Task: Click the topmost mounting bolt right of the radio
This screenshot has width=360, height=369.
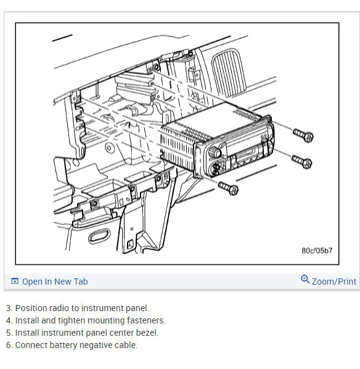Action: pyautogui.click(x=303, y=135)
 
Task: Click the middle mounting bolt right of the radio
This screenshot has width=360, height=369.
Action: pyautogui.click(x=302, y=161)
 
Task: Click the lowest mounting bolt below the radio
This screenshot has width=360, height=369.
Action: pyautogui.click(x=228, y=188)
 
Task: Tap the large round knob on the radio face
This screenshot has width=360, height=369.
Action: pyautogui.click(x=215, y=152)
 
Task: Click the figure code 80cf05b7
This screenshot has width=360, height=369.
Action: pyautogui.click(x=317, y=250)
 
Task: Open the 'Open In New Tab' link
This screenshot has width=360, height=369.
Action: pyautogui.click(x=55, y=282)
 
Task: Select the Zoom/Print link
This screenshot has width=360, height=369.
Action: pyautogui.click(x=334, y=282)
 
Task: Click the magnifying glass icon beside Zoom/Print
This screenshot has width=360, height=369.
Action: pyautogui.click(x=305, y=279)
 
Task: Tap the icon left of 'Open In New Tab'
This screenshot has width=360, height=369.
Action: pyautogui.click(x=15, y=282)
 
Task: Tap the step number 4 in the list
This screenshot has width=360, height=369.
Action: pyautogui.click(x=9, y=320)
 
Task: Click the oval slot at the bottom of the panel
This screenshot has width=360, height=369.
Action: pyautogui.click(x=99, y=237)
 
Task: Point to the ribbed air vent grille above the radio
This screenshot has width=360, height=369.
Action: pyautogui.click(x=228, y=73)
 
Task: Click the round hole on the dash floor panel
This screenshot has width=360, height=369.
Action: pyautogui.click(x=109, y=148)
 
